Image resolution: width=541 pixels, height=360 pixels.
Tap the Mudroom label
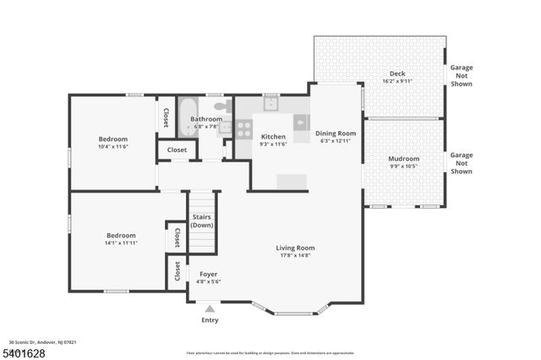click(403, 159)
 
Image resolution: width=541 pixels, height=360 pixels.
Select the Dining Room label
click(336, 134)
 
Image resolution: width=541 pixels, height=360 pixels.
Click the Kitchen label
click(273, 137)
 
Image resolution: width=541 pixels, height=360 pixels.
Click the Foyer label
click(208, 274)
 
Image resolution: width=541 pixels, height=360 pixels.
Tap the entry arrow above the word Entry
click(210, 309)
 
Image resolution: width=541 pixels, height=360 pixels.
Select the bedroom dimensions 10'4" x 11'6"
click(112, 147)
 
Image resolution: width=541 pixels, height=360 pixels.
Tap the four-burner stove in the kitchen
click(243, 129)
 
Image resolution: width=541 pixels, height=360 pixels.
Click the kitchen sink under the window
click(271, 105)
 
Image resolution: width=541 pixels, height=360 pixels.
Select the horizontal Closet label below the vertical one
click(177, 150)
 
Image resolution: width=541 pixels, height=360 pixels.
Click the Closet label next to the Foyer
click(178, 271)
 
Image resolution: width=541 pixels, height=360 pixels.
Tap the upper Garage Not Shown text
click(461, 75)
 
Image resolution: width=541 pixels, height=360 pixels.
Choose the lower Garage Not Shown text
click(461, 163)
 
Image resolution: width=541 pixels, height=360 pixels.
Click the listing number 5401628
click(23, 350)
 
